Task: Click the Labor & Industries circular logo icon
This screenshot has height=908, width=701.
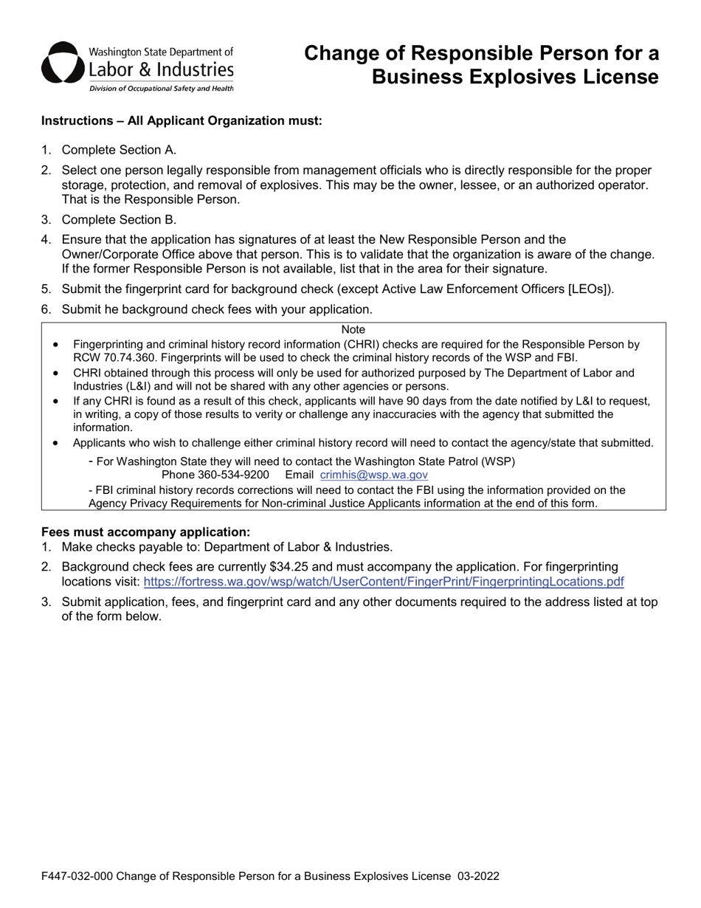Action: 62,64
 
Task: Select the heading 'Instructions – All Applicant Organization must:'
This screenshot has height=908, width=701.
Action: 182,121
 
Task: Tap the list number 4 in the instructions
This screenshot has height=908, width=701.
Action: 46,239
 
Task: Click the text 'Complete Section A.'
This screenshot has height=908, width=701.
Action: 119,150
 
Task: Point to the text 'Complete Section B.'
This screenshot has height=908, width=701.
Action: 119,219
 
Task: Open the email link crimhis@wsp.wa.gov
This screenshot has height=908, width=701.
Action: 373,475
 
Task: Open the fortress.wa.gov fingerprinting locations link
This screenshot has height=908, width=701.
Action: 383,582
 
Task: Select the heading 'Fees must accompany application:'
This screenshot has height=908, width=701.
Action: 145,532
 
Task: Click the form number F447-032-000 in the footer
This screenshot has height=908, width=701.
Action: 77,876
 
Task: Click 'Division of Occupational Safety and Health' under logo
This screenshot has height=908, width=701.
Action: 161,89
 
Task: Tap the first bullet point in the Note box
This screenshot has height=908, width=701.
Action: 56,345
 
